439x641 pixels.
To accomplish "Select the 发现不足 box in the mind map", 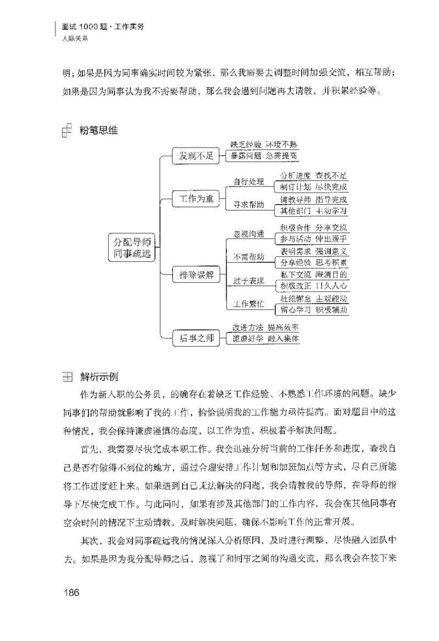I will pos(193,156).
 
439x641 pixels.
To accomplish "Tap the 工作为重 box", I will pos(193,199).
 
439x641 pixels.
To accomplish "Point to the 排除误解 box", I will pos(193,274).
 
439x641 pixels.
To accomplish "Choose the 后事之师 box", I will pos(193,337).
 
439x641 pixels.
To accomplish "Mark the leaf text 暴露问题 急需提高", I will pos(264,156).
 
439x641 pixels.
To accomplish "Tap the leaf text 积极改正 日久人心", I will pos(313,286).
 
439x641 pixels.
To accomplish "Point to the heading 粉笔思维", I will pos(98,131).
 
